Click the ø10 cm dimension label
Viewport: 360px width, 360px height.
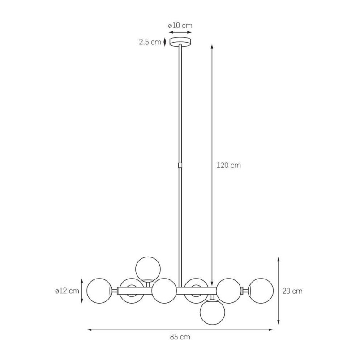pos(180,25)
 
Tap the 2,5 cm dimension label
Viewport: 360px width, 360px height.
pos(150,42)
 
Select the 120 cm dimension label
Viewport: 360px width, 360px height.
pos(229,165)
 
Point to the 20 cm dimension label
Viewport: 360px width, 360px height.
pos(292,291)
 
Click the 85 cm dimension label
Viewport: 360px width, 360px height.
pos(180,337)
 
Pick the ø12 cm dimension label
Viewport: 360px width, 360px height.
pos(67,291)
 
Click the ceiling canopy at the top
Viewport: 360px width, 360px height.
pos(180,42)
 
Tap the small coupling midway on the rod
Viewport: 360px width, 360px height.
pos(180,165)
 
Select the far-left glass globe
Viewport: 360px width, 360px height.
pos(99,291)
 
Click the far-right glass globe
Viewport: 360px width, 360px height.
pos(261,291)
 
